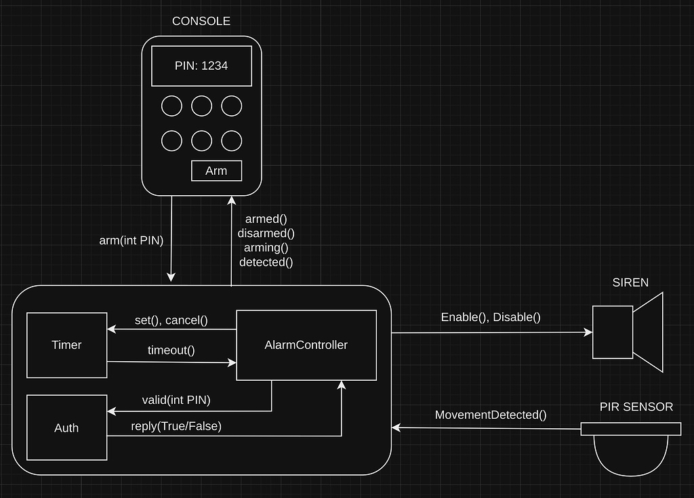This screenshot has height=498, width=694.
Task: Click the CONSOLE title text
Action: [x=201, y=21]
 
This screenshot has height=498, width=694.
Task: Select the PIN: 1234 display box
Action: [x=201, y=66]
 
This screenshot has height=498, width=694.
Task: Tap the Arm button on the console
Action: [x=216, y=171]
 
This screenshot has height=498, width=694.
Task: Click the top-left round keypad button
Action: [x=171, y=106]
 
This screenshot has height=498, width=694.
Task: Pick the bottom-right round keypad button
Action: [x=231, y=140]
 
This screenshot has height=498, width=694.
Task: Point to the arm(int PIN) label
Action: [x=131, y=240]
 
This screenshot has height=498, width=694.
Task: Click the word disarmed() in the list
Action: [x=266, y=233]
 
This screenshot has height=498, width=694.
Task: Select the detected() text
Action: [x=266, y=262]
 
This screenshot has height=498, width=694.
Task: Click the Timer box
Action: [x=66, y=345]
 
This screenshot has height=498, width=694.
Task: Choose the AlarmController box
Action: [x=306, y=345]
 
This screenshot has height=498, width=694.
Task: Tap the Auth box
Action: [x=66, y=428]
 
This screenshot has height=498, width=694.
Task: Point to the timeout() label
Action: [x=171, y=350]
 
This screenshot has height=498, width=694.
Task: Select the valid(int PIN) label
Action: [x=176, y=400]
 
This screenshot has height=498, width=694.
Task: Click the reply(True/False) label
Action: [x=176, y=426]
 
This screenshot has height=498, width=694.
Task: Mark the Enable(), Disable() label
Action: [x=491, y=316]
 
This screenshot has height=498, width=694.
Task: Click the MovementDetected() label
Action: [x=491, y=415]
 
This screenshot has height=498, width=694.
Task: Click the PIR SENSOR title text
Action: [x=636, y=407]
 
